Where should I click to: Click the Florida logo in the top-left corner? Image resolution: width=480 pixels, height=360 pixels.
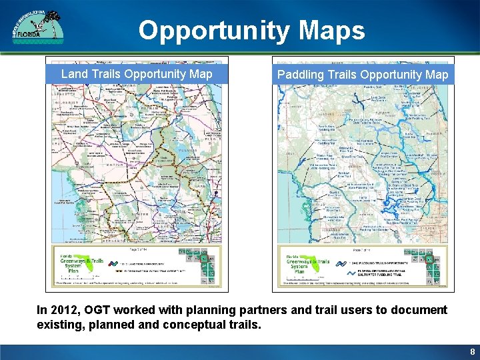pyautogui.click(x=37, y=27)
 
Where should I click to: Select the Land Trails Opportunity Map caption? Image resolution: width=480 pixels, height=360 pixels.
pyautogui.click(x=137, y=74)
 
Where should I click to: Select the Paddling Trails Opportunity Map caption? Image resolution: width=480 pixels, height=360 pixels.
pyautogui.click(x=363, y=75)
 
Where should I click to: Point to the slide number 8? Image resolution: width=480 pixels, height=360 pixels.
pyautogui.click(x=472, y=351)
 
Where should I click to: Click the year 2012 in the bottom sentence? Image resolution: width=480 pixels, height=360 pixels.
pyautogui.click(x=64, y=310)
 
